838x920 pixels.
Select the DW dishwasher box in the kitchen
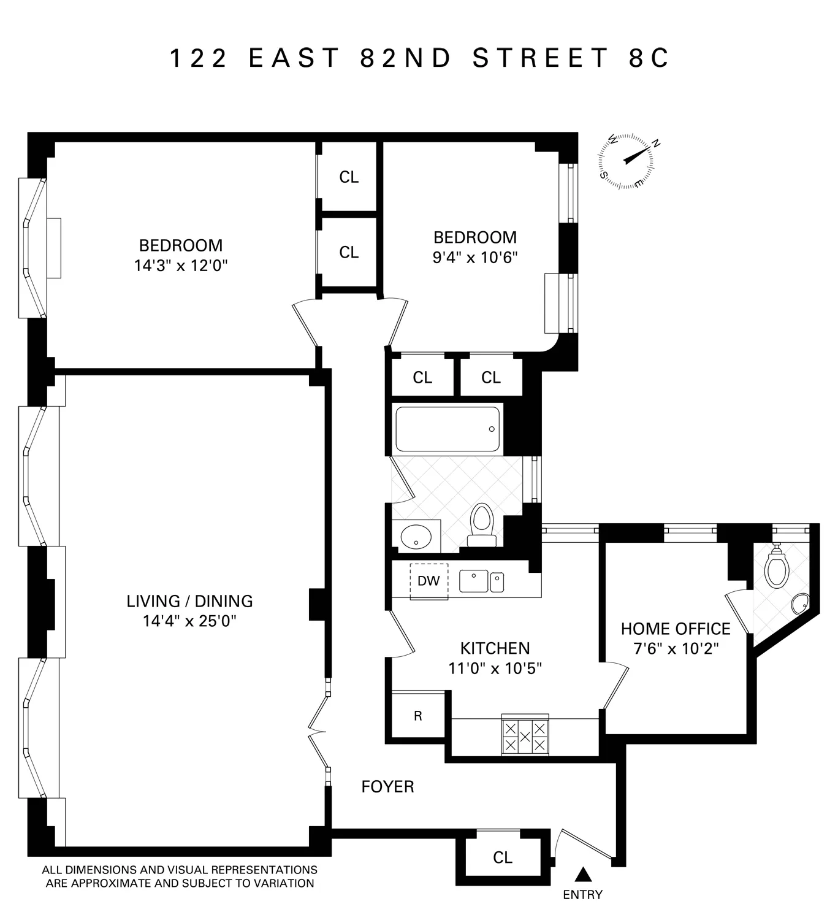429,580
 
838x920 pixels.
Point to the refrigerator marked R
418,716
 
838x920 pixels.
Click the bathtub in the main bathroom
447,429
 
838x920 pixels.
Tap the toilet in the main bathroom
482,524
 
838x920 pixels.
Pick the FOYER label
387,787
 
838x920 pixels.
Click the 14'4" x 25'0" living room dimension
189,621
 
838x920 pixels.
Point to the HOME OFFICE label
676,629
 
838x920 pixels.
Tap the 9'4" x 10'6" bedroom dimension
475,257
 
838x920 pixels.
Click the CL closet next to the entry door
503,857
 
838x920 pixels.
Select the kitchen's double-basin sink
481,581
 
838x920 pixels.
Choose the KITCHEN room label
495,648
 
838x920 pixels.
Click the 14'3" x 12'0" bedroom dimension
181,266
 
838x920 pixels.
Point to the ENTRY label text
582,895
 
